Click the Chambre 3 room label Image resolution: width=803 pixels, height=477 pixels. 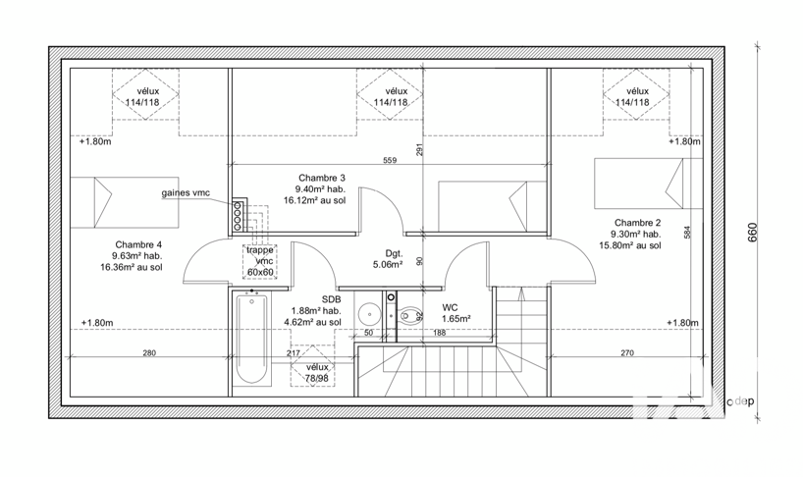322,178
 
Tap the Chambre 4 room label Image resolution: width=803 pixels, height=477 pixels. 138,245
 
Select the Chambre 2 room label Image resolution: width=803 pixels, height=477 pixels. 637,223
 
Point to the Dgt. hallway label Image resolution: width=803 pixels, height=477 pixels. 395,253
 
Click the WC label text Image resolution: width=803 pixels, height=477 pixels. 451,307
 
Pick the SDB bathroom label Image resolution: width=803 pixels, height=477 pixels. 332,299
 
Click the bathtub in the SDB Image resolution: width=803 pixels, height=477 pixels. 251,340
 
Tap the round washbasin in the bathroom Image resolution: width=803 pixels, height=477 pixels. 369,314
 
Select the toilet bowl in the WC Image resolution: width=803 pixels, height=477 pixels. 408,315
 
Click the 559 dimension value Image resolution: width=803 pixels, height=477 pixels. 390,160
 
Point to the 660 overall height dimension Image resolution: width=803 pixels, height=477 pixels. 752,233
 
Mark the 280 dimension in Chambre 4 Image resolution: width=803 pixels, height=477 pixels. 149,352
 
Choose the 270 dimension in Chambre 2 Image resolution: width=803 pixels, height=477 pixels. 627,352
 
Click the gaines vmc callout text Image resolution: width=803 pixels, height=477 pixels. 186,193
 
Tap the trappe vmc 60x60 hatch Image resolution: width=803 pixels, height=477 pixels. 260,261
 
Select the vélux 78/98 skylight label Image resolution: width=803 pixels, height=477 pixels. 317,373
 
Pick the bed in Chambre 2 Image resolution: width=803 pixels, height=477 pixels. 648,184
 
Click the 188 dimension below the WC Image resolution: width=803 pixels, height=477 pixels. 440,333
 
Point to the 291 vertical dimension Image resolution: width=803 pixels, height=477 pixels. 419,149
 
